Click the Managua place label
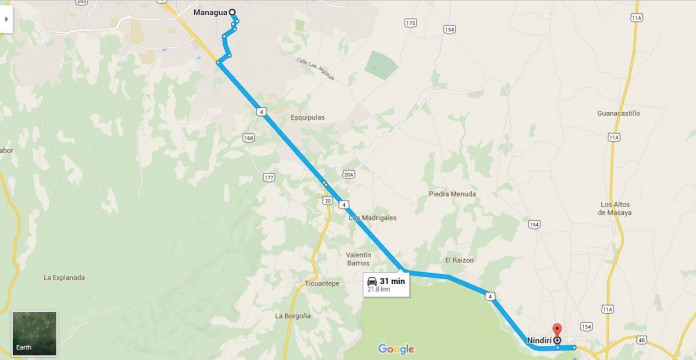point(209,13)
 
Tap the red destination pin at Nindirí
point(557,329)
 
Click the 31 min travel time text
point(392,281)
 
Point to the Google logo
point(396,348)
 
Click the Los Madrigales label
point(373,217)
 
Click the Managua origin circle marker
point(233,13)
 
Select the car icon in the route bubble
point(372,282)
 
